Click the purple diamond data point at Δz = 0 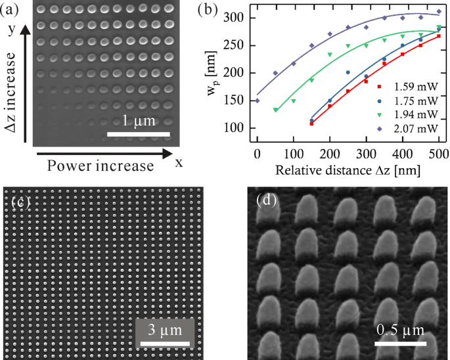(258, 101)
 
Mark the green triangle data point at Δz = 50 (276, 110)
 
